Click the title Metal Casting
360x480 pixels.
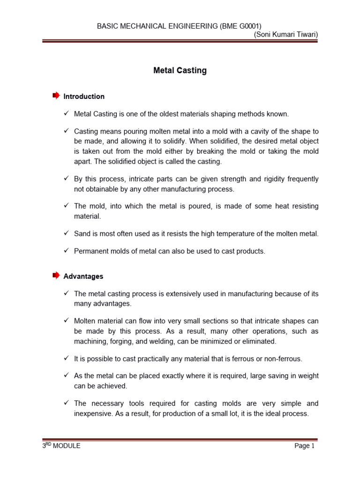point(180,71)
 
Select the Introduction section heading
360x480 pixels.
point(84,97)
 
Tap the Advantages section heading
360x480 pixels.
point(83,277)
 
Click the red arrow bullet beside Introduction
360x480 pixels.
point(56,96)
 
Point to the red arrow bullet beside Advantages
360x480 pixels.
point(56,276)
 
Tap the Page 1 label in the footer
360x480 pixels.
point(305,446)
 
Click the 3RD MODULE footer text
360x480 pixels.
point(61,446)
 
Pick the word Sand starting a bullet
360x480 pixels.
point(82,233)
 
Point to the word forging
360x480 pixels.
point(120,341)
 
